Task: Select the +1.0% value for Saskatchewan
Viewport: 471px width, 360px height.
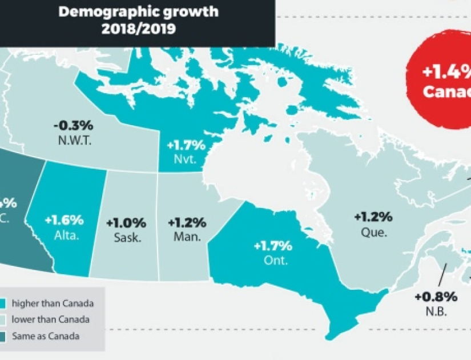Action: pyautogui.click(x=126, y=223)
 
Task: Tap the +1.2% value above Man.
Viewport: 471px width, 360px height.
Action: pyautogui.click(x=187, y=223)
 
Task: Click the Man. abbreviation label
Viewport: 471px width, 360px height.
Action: pyautogui.click(x=187, y=237)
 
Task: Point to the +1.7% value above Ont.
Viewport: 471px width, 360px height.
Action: pyautogui.click(x=272, y=246)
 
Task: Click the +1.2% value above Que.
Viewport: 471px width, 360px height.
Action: pyautogui.click(x=373, y=217)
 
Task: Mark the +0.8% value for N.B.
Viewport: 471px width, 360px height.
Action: pyautogui.click(x=436, y=297)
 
